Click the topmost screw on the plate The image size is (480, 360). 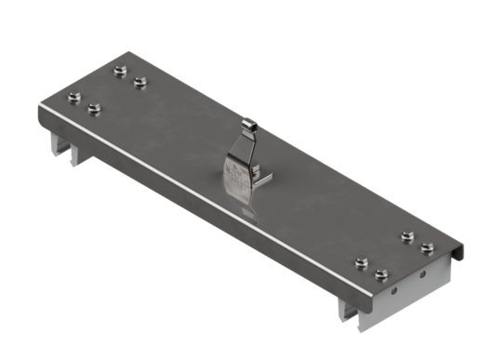(x=119, y=70)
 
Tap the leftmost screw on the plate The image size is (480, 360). (x=74, y=96)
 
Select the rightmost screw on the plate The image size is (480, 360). (x=427, y=247)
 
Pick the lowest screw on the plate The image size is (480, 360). (x=380, y=274)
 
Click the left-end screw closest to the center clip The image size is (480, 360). (x=140, y=82)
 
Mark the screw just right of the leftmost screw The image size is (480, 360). (x=94, y=109)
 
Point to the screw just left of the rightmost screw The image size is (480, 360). (x=407, y=236)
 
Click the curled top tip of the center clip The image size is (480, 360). (x=249, y=122)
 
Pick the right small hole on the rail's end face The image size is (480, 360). (x=424, y=275)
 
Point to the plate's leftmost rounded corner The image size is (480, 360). (x=41, y=110)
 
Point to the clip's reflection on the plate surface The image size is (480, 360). (x=247, y=211)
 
